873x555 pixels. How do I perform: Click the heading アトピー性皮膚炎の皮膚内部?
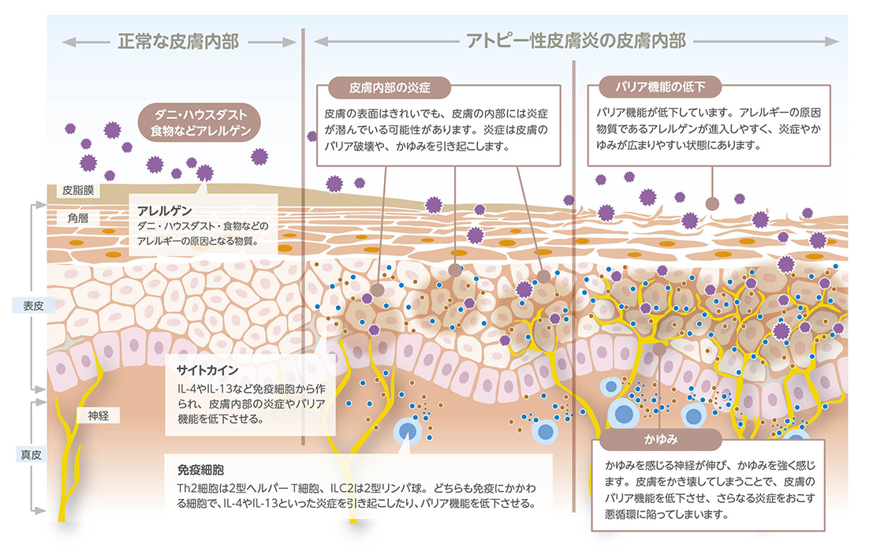[x=576, y=39]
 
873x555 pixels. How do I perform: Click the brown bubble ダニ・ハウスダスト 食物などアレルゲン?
[x=201, y=122]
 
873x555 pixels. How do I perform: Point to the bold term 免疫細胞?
[x=196, y=467]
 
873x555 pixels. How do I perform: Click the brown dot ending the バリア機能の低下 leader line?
[x=712, y=203]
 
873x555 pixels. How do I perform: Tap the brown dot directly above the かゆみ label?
[x=659, y=348]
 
